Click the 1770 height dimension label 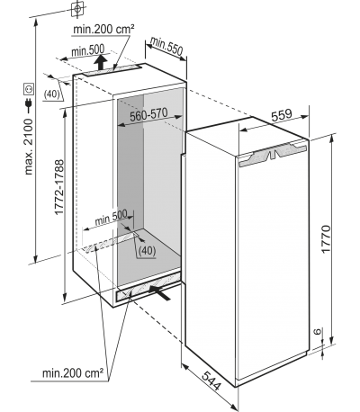click(x=326, y=238)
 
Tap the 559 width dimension click(x=281, y=115)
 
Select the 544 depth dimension click(x=211, y=381)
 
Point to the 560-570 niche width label click(x=148, y=114)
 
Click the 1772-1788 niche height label click(x=59, y=187)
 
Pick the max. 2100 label click(x=29, y=147)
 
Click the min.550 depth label click(x=166, y=46)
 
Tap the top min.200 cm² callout click(x=103, y=29)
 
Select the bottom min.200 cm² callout click(x=73, y=373)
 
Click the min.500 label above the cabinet click(x=87, y=50)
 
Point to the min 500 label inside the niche click(x=111, y=218)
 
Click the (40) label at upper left click(x=52, y=94)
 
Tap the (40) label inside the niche click(x=148, y=250)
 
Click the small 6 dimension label click(x=318, y=331)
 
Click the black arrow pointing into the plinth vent click(x=160, y=292)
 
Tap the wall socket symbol click(x=29, y=89)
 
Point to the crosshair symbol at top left click(x=77, y=9)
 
